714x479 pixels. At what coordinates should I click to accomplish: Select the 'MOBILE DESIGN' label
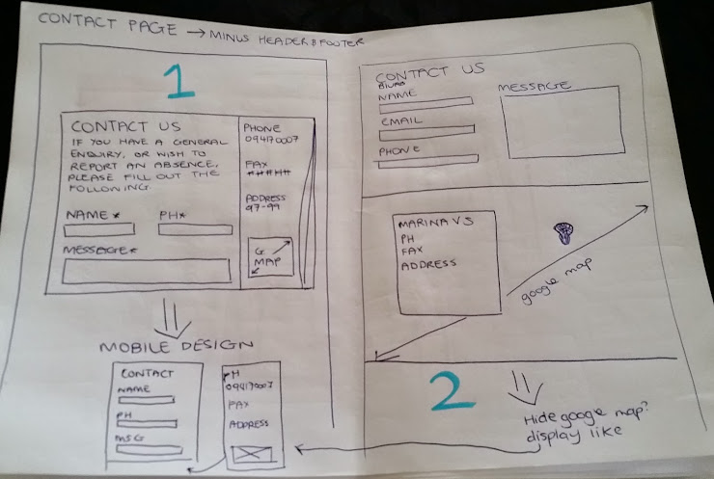tap(176, 346)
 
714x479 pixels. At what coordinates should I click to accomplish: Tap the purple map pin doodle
tap(564, 232)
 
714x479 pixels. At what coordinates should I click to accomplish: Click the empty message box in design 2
tap(559, 122)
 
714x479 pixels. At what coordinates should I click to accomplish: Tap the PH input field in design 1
tap(196, 229)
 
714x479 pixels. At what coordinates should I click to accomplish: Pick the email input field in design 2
tap(426, 129)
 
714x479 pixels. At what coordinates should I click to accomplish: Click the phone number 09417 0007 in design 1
tap(269, 142)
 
